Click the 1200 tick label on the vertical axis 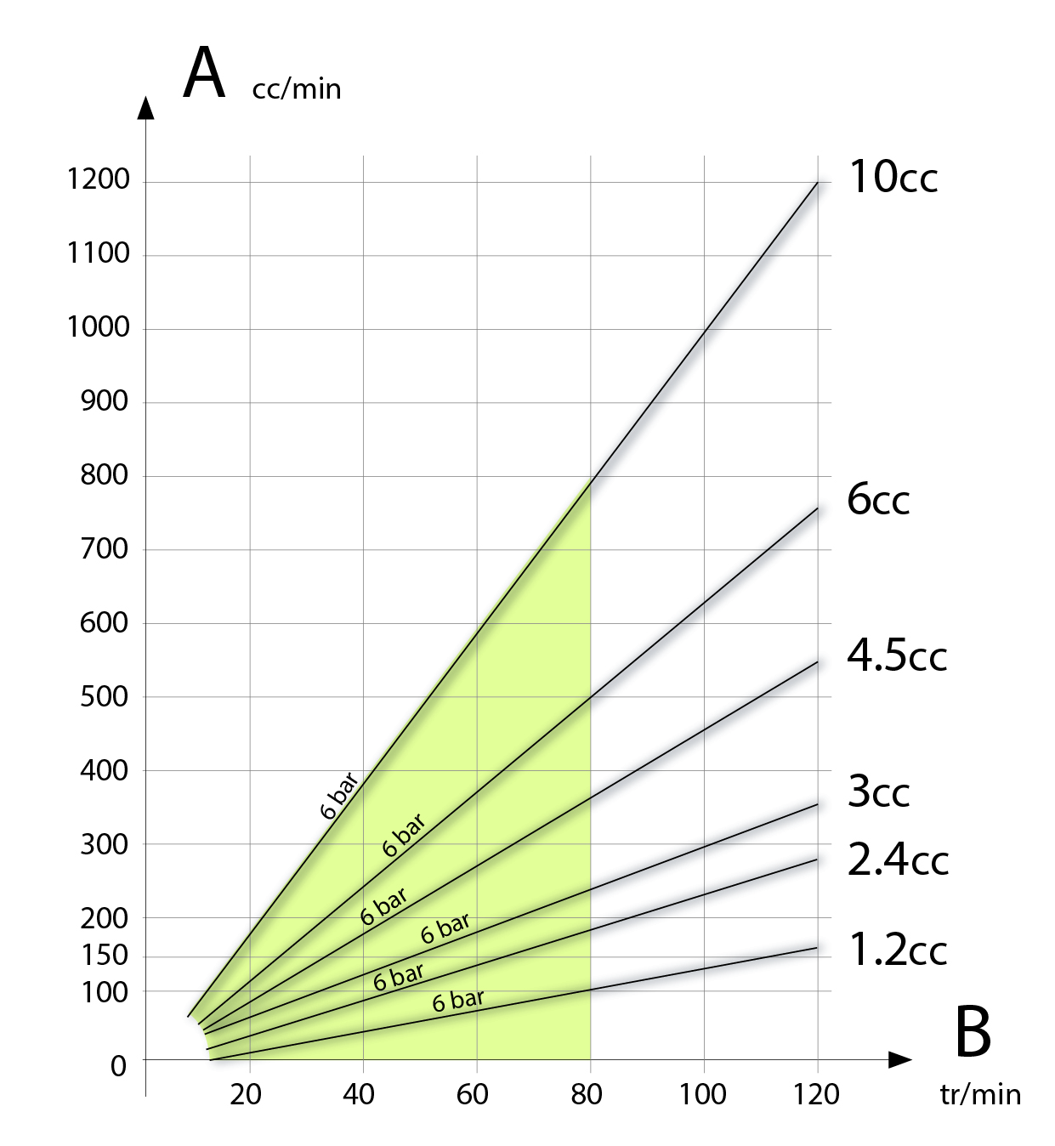coord(98,179)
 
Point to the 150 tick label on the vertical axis coord(105,955)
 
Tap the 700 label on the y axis coord(104,549)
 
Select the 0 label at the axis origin coord(118,1066)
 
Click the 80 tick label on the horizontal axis coord(587,1094)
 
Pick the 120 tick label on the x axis coord(816,1094)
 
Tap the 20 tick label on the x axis coord(245,1094)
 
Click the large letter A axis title coord(204,74)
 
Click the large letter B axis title coord(973,1033)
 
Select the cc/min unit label coord(296,89)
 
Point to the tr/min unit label coord(980,1095)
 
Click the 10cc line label coord(893,178)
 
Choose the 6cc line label coord(877,500)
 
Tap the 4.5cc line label coord(896,655)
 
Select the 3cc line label coord(878,792)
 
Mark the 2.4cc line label coord(897,861)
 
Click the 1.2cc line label coord(897,950)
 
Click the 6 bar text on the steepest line coord(339,796)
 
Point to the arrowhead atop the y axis coord(146,108)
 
